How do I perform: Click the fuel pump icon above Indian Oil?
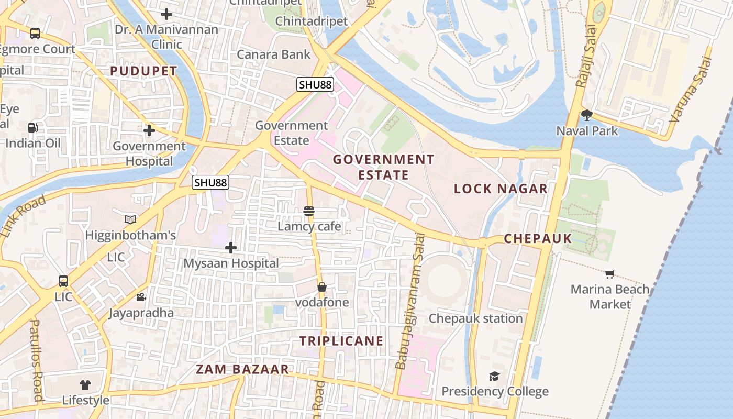32,127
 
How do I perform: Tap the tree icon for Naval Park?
587,115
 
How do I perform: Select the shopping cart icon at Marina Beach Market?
609,274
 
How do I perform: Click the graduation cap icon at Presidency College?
494,376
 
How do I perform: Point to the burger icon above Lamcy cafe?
309,211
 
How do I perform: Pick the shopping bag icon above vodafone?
322,287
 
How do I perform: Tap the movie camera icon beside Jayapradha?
141,297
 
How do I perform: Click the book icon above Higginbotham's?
130,219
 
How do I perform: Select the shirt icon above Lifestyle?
85,385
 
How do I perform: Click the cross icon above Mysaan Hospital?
231,247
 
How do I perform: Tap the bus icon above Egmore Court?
35,34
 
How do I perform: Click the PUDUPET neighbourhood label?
143,71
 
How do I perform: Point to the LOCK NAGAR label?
501,189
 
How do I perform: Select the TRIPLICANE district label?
341,341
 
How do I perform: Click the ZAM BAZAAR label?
242,369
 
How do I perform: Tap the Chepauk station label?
475,318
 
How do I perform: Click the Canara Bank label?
273,54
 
